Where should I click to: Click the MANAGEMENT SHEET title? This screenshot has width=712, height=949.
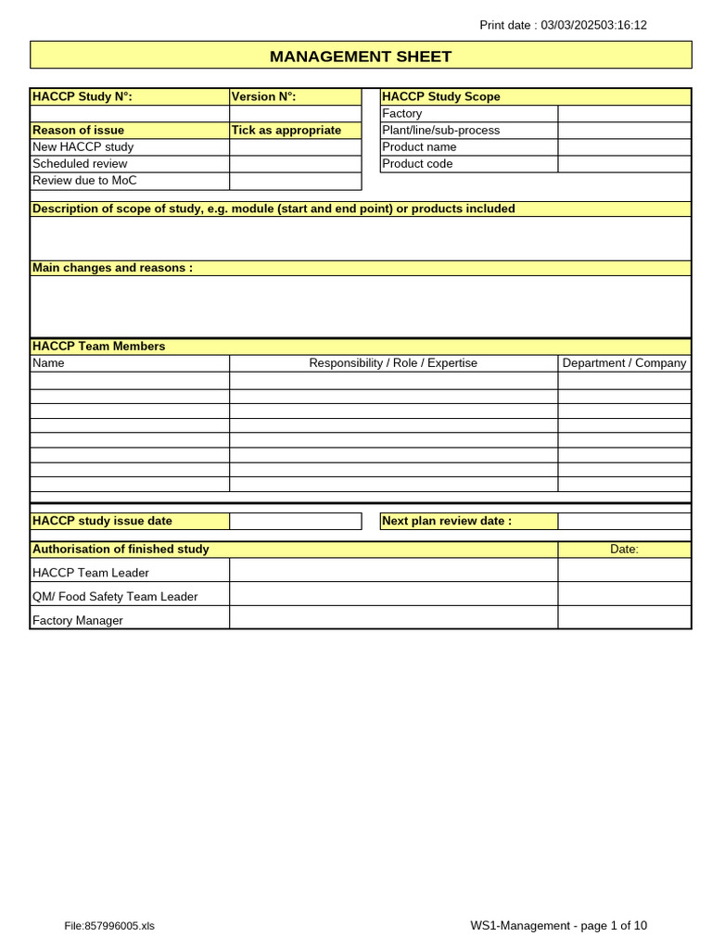(x=361, y=57)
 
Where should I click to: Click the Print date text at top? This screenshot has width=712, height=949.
(x=563, y=25)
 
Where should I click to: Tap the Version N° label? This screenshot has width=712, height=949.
(x=263, y=96)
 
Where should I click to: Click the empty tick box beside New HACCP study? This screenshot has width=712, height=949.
(x=295, y=147)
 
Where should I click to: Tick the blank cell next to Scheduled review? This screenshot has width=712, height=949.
(x=295, y=164)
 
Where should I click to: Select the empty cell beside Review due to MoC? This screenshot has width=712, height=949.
(x=295, y=181)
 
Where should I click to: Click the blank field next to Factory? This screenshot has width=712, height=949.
(x=624, y=114)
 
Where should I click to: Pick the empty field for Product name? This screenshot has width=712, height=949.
(x=624, y=147)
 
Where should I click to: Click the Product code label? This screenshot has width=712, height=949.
(x=418, y=164)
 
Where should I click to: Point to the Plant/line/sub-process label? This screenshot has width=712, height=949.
(x=441, y=131)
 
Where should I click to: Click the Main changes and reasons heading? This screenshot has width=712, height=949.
(x=113, y=268)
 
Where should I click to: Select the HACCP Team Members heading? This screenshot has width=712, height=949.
(x=99, y=347)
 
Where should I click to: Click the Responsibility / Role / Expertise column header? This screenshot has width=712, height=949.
(x=393, y=363)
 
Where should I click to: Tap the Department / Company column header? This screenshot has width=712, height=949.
(x=624, y=363)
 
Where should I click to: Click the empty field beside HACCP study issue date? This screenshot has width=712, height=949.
(x=295, y=521)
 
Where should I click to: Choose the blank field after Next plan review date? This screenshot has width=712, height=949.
(x=624, y=521)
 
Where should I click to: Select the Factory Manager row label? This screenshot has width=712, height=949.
(x=78, y=621)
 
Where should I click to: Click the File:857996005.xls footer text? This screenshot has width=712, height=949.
(x=109, y=926)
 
